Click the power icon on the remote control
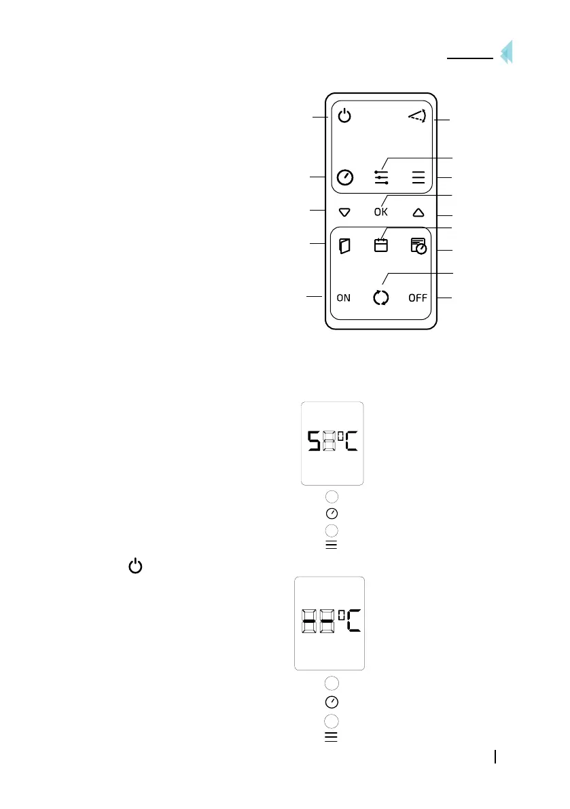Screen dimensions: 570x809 point(345,117)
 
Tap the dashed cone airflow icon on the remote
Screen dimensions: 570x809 point(416,118)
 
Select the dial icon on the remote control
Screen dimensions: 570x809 point(345,178)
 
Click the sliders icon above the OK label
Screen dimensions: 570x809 point(381,177)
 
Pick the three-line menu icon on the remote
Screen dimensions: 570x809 point(418,178)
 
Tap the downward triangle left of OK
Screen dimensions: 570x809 point(344,212)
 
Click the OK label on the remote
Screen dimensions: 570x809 point(381,212)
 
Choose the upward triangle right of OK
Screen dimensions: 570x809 point(418,212)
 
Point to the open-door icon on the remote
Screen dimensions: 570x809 point(344,246)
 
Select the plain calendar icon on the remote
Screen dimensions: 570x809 point(381,245)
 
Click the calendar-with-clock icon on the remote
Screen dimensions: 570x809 point(418,246)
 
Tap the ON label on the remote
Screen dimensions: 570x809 point(344,298)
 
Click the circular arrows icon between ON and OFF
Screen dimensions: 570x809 point(381,298)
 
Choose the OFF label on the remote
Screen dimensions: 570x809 point(418,298)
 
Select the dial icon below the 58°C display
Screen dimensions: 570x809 point(332,513)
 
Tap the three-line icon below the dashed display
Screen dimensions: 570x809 point(332,736)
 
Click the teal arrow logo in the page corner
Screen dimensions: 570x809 point(505,53)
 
